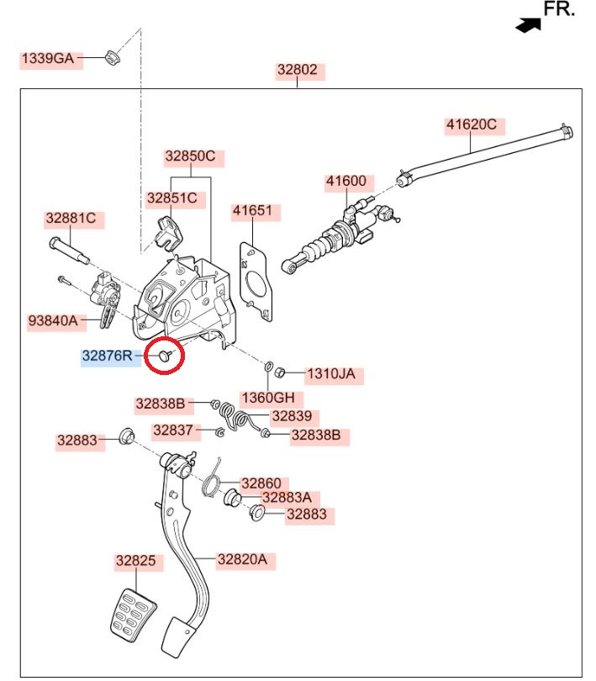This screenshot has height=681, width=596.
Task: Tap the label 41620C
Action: tap(471, 126)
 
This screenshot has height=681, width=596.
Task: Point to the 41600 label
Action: tap(345, 181)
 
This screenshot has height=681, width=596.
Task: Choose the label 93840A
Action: tap(53, 320)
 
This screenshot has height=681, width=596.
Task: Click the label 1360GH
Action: tap(268, 397)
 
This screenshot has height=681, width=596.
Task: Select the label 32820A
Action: tap(241, 559)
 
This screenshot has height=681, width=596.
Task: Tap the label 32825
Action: tap(135, 561)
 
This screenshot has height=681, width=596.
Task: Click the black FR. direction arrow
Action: tap(528, 25)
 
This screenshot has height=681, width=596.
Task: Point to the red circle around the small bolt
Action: tap(166, 357)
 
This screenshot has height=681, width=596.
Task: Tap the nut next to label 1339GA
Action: tap(110, 57)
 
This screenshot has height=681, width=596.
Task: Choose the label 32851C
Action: tap(171, 198)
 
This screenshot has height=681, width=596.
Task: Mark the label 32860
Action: tap(261, 483)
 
